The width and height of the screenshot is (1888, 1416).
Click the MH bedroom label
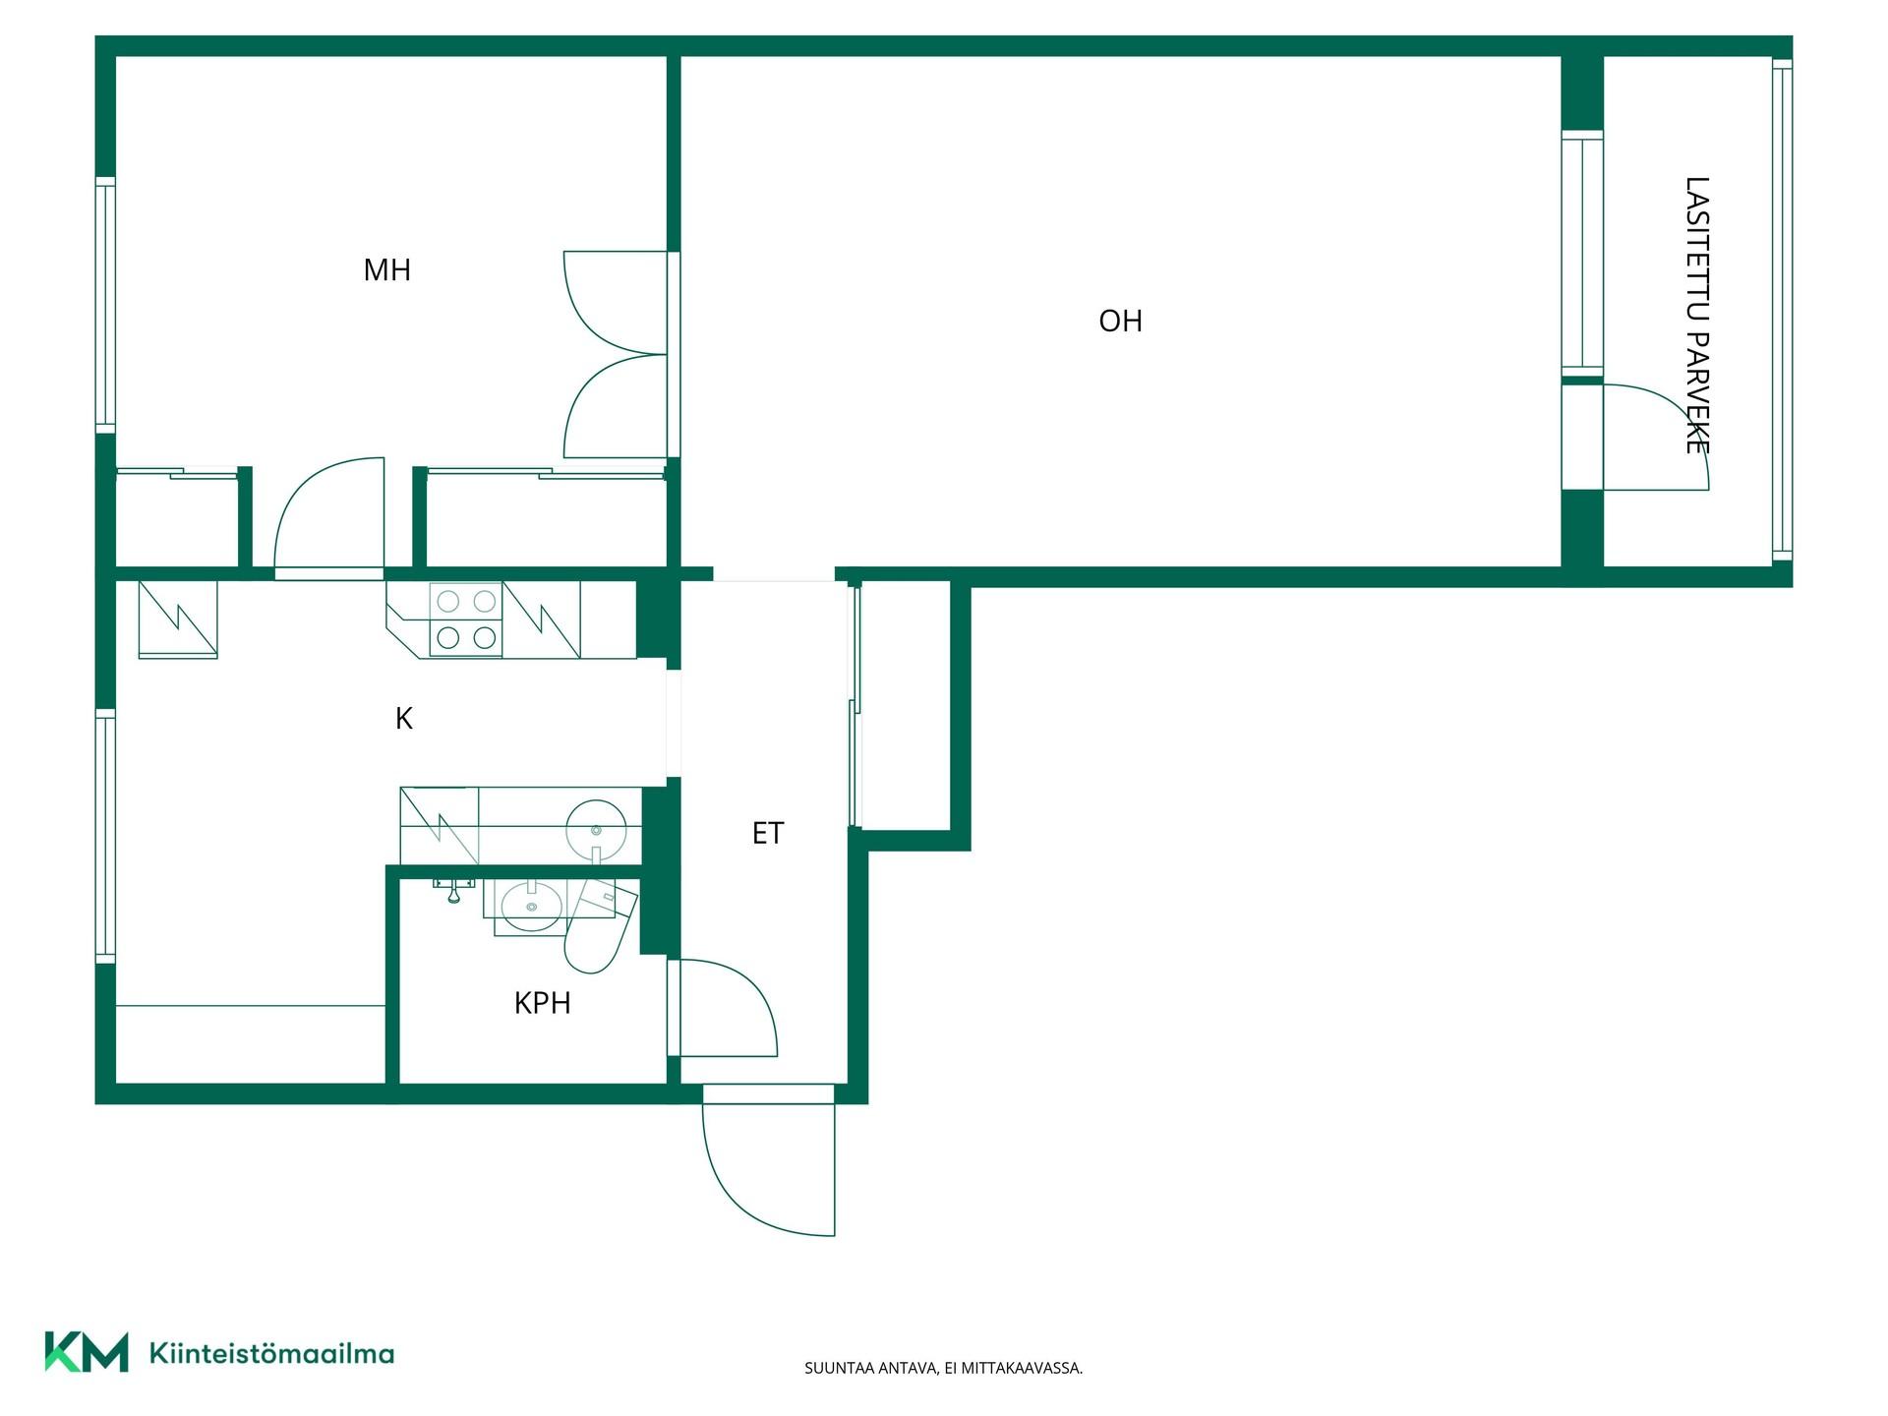(x=386, y=269)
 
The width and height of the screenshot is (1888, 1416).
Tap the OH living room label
(x=1120, y=321)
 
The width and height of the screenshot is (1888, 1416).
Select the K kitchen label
(x=403, y=719)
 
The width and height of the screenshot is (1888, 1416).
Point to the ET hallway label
(x=768, y=833)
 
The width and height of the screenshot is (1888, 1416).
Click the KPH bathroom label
(x=542, y=1003)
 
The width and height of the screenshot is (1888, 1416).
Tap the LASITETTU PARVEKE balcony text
(x=1697, y=316)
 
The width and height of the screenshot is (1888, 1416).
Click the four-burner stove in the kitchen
(x=466, y=619)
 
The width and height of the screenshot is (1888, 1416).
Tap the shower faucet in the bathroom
(x=453, y=889)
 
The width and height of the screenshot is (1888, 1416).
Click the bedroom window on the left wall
(x=105, y=305)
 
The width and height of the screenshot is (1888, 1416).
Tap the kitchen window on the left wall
(x=105, y=836)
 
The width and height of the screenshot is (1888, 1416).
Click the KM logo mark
(x=87, y=1352)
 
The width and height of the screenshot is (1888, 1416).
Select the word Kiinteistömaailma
(x=271, y=1353)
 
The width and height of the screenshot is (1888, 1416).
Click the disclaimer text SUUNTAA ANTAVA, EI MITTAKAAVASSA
(x=944, y=1368)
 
